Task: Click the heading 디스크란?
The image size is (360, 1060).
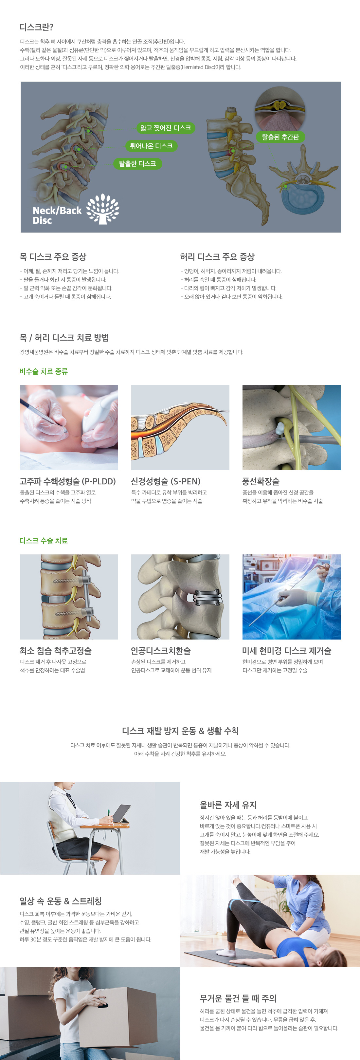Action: (37, 27)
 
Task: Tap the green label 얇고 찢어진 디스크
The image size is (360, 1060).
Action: (165, 128)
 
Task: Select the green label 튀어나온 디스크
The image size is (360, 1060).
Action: (151, 146)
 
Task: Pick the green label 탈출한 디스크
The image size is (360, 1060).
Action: (137, 163)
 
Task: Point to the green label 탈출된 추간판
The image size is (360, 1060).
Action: (280, 137)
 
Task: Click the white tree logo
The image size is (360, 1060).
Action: (103, 209)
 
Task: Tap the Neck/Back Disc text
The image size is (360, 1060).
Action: (57, 215)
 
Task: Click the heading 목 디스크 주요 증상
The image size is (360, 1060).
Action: (53, 257)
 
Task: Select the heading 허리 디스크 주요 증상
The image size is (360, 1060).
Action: (217, 257)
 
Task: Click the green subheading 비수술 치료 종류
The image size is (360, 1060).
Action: (44, 371)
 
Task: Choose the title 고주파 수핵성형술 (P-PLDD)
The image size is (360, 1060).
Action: (68, 481)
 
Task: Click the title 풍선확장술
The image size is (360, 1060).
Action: (261, 481)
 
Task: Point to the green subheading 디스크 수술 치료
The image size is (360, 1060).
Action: (44, 540)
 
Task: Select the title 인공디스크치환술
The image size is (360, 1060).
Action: (161, 651)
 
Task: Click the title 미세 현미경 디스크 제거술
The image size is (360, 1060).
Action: (287, 651)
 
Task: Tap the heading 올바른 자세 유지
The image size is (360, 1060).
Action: (228, 805)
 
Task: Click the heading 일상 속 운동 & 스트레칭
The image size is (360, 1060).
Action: (61, 901)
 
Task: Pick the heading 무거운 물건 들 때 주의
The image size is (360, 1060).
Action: (238, 998)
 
